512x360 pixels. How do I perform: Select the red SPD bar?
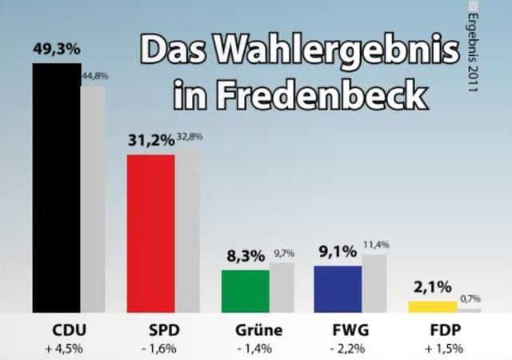point(151,233)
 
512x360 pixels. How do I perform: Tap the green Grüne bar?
point(246,291)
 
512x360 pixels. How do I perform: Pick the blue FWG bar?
point(338,289)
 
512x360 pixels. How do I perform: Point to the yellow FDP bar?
point(433,306)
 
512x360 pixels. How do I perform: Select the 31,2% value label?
point(151,140)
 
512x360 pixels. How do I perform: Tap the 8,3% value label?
point(246,256)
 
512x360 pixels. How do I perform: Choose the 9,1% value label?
point(338,252)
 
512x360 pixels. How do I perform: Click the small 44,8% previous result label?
point(94,76)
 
